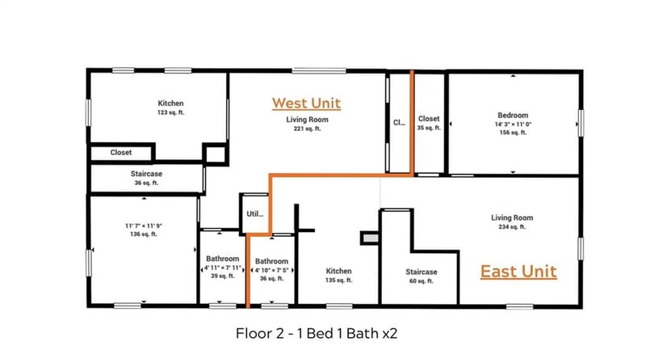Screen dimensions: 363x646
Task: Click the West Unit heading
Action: (306, 103)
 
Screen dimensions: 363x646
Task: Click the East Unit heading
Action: (518, 271)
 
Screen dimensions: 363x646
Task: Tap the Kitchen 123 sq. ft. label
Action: (170, 108)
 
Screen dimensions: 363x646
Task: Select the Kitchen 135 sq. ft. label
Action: (338, 276)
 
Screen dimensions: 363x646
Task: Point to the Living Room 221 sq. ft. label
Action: (306, 124)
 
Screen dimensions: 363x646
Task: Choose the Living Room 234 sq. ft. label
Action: (512, 222)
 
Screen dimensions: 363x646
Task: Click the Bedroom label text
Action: (513, 116)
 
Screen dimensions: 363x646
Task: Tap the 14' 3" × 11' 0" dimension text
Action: (513, 124)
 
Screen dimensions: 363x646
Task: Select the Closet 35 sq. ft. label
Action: (429, 123)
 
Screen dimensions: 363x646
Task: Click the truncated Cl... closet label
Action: (399, 123)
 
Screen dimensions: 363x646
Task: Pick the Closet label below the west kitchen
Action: (121, 152)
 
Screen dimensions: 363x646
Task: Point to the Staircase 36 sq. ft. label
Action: (145, 178)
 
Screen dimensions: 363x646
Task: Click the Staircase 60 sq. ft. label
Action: (421, 276)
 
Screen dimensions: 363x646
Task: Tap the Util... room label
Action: (255, 215)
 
